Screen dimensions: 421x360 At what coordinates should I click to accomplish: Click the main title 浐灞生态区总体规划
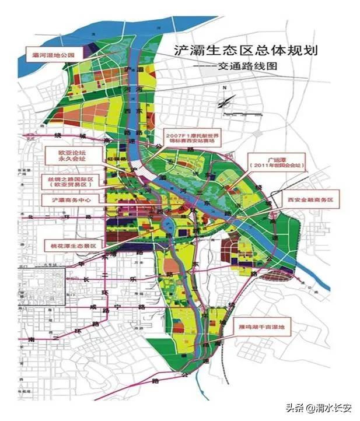click(244, 50)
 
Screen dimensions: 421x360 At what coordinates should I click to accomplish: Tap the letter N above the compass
click(223, 88)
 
